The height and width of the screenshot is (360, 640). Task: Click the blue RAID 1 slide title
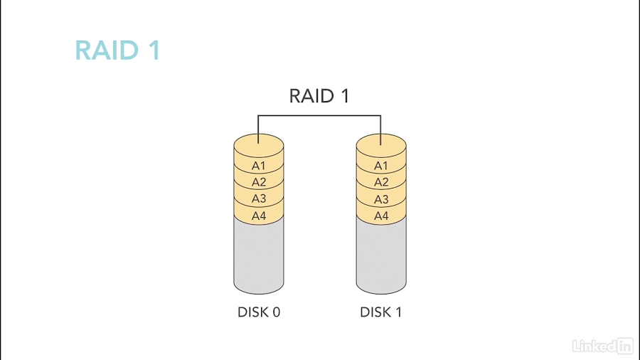[117, 51]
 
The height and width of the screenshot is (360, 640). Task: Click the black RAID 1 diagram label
[319, 96]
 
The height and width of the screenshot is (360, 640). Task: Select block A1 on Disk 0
[259, 166]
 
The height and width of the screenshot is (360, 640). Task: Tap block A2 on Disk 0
[259, 182]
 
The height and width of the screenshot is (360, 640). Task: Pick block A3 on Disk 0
[259, 199]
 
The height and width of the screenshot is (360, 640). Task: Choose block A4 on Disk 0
[259, 216]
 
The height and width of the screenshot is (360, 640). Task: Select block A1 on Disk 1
[381, 166]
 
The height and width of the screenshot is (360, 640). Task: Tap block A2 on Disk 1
[381, 182]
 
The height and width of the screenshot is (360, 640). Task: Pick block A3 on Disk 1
[381, 199]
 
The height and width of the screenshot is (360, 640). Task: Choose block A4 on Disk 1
[381, 216]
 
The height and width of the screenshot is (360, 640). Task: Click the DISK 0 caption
[259, 312]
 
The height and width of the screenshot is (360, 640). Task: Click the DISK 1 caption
[381, 312]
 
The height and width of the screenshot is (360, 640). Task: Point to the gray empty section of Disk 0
[259, 256]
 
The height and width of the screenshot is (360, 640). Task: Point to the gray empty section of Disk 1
[381, 256]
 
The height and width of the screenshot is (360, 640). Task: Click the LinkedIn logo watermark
[602, 346]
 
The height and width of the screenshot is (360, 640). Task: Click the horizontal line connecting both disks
[319, 115]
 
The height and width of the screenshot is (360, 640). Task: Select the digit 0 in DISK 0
[276, 312]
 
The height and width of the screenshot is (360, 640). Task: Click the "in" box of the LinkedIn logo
[625, 346]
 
